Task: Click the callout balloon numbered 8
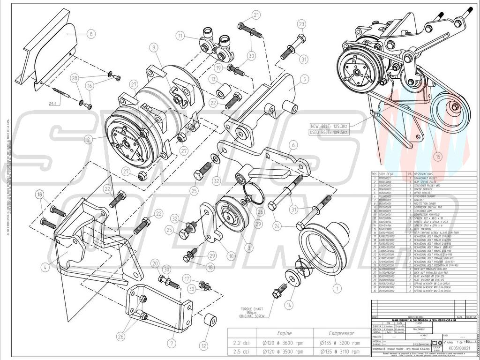point(90,33)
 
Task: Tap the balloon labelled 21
point(256,15)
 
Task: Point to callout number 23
point(301,24)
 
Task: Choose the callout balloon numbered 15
point(438,157)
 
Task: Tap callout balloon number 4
point(45,268)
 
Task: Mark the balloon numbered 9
point(153,47)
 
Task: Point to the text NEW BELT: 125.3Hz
point(329,126)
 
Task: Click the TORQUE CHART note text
point(253,310)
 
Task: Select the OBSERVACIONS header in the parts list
point(430,173)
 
